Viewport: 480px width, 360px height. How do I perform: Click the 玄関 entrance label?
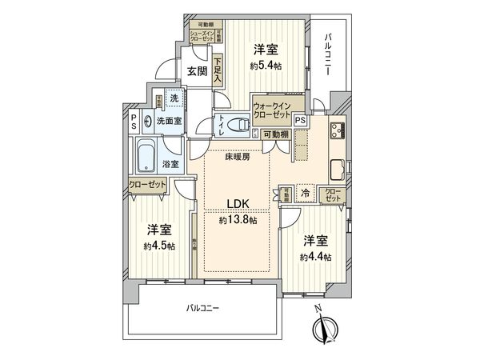tap(196, 71)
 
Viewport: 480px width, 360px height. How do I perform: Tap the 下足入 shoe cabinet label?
tap(217, 67)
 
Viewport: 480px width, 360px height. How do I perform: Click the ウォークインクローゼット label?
tap(271, 110)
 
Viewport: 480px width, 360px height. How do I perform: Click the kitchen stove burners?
tap(337, 130)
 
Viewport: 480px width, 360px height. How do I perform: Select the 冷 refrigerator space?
tap(305, 193)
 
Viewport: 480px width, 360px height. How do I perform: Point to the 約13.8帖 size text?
tap(238, 219)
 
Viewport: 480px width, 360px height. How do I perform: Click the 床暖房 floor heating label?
tap(237, 158)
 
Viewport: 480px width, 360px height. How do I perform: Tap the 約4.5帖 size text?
tap(159, 245)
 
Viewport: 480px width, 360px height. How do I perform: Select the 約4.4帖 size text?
tap(315, 256)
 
